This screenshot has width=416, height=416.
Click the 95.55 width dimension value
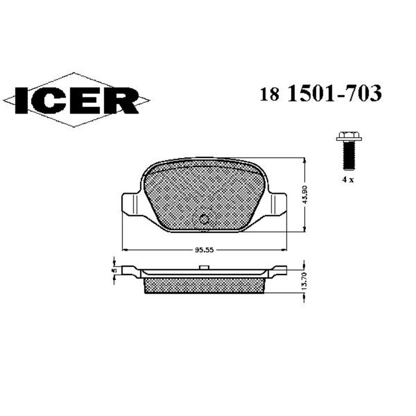click(x=204, y=250)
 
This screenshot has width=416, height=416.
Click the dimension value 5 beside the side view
click(x=113, y=269)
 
